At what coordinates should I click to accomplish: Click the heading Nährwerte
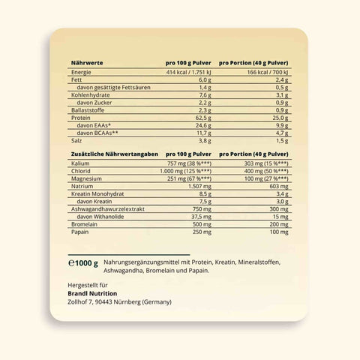(87, 63)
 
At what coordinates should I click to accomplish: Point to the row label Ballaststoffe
(88, 109)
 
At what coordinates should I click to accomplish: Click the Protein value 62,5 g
(208, 117)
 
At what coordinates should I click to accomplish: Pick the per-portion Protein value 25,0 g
(280, 117)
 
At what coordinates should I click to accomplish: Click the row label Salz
(76, 140)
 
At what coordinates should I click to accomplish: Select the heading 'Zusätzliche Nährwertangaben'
(109, 154)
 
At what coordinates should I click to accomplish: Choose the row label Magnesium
(86, 179)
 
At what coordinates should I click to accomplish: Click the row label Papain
(80, 231)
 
